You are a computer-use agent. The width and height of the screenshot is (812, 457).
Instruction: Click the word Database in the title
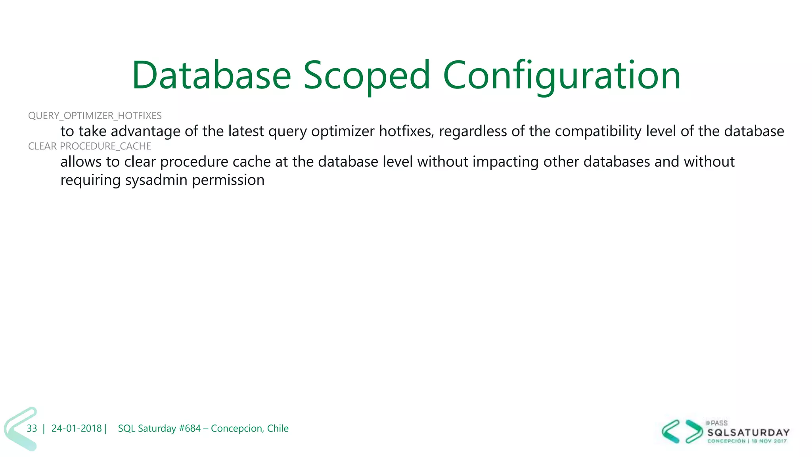(211, 75)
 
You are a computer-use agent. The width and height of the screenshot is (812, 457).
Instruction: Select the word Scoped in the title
(367, 75)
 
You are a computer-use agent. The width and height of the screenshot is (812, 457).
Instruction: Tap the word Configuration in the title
(561, 75)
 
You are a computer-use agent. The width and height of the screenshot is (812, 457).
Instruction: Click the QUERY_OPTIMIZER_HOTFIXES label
(95, 115)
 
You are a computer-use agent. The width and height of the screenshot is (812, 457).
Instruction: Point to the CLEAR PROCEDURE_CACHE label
(90, 146)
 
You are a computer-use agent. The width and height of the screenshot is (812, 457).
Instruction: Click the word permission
(228, 180)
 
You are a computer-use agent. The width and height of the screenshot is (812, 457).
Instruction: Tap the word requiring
(90, 180)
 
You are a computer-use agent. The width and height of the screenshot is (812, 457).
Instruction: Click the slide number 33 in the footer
(32, 428)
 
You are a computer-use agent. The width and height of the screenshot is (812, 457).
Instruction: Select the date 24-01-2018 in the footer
(77, 428)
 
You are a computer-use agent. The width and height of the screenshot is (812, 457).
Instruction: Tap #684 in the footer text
(190, 428)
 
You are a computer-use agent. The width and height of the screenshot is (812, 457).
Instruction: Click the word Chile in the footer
(278, 428)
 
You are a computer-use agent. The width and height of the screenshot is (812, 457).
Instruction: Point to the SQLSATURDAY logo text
(748, 432)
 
